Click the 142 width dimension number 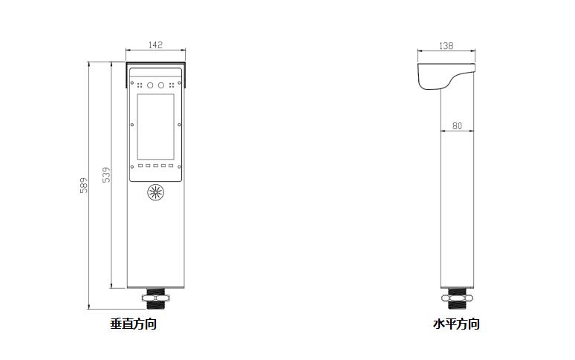click(155, 45)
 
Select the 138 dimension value click(446, 46)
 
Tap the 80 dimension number click(457, 126)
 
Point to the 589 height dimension click(84, 186)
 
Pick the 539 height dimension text click(106, 175)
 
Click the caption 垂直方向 click(134, 324)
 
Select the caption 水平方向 click(457, 324)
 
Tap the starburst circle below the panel click(155, 192)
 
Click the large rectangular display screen click(155, 127)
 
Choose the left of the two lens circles click(150, 85)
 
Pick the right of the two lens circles click(161, 85)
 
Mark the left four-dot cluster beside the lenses click(140, 85)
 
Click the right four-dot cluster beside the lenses click(172, 85)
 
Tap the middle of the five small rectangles click(155, 166)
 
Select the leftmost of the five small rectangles click(140, 166)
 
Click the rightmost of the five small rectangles click(171, 166)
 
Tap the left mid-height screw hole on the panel click(132, 125)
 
